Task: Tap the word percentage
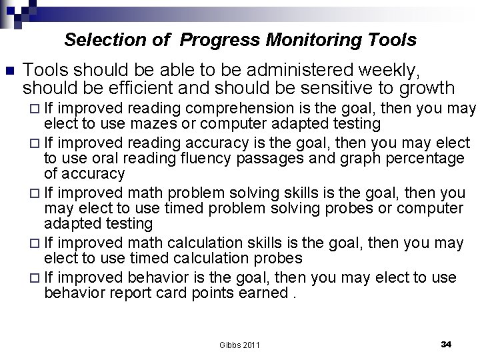[x=424, y=159]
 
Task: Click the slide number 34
[x=446, y=344]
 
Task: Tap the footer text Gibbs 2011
[x=239, y=345]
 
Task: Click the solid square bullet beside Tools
[x=9, y=70]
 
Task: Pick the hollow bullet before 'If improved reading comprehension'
[x=36, y=109]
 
